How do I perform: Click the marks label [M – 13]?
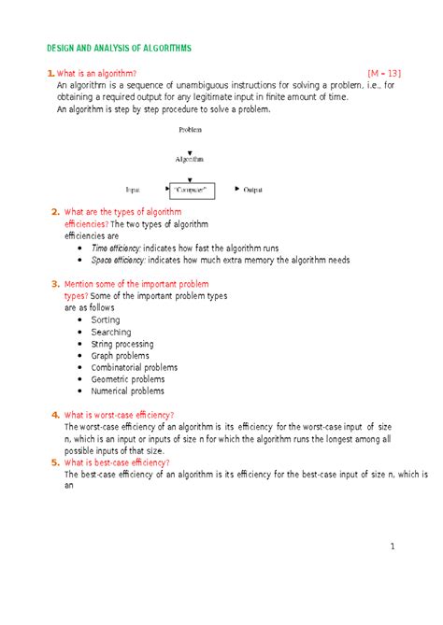tap(384, 73)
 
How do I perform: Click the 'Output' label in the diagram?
tap(252, 190)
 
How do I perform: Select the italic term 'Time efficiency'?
tap(115, 249)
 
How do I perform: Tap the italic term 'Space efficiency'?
tap(118, 261)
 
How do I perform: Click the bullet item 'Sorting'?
tap(106, 320)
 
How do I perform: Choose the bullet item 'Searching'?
tap(111, 332)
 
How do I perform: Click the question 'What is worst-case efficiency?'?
tap(119, 415)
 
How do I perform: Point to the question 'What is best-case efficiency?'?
tap(116, 462)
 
